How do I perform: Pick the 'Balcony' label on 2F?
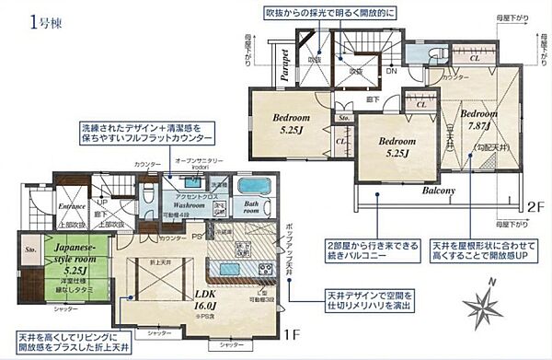pos(440,192)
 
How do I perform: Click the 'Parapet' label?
pos(286,64)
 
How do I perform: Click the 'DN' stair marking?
pos(390,71)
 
